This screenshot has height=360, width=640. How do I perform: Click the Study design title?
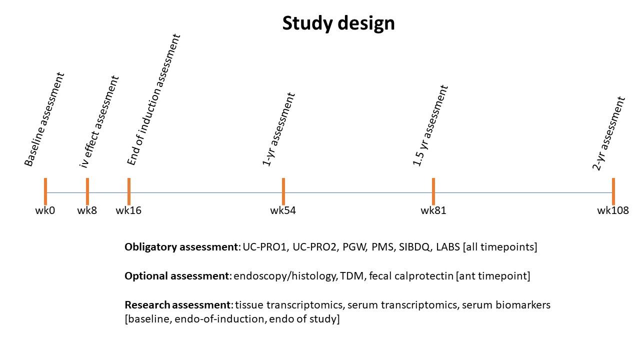point(338,23)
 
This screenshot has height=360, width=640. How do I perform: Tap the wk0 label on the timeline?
point(45,210)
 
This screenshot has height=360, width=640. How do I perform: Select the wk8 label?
point(87,210)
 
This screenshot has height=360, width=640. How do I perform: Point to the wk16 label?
point(128,210)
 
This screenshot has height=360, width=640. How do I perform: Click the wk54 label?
point(283,210)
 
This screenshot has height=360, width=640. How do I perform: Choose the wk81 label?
point(433,210)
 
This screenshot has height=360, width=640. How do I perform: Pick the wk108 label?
point(613,210)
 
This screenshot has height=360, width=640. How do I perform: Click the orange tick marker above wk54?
point(283,191)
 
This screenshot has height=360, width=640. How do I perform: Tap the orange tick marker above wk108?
point(613,191)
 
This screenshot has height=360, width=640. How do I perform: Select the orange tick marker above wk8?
point(87,191)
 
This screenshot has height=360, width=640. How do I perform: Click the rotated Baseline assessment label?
point(44,119)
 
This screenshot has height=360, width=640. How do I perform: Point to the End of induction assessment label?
point(153,99)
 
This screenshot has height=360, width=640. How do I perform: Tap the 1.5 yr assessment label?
point(430,125)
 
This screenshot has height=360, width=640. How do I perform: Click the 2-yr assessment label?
point(609,133)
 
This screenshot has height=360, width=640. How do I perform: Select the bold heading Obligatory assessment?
point(181,247)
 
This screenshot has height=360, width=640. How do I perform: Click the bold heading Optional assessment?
point(177,276)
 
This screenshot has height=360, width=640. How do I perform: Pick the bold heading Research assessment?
point(177,305)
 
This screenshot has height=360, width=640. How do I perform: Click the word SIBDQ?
point(414,247)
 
